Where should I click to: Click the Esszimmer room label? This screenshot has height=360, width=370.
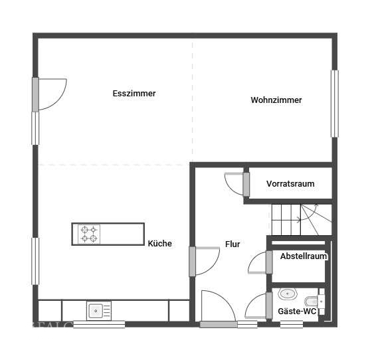point(134,94)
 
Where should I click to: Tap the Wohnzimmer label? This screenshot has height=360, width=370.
point(276,100)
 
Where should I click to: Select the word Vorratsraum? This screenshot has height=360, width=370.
point(290,184)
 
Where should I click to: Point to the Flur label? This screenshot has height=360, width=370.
point(232,244)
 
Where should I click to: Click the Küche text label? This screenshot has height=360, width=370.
point(160,244)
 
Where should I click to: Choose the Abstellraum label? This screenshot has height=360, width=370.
point(303,256)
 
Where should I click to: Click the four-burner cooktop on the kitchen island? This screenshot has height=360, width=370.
point(88,234)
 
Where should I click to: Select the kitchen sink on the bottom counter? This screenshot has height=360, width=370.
point(98,310)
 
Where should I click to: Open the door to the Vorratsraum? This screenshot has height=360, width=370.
point(236,183)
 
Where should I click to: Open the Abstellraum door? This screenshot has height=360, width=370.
point(258,263)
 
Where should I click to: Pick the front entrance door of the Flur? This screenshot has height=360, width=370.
point(218,309)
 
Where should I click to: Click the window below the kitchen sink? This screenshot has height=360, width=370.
point(99,325)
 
